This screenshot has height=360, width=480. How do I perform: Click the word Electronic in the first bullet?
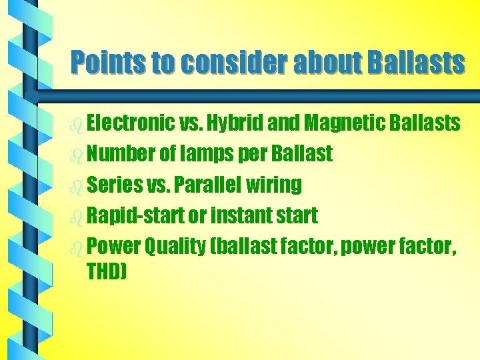point(131,123)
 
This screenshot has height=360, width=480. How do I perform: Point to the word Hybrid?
point(237,123)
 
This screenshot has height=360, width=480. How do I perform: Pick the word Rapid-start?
point(135,216)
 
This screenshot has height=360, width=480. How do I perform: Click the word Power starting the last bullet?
point(113,247)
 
